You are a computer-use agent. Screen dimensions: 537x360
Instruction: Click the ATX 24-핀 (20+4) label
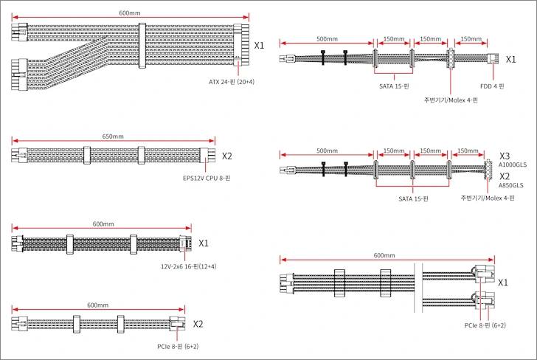232,82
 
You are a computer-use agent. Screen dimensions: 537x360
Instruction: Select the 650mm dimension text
113,136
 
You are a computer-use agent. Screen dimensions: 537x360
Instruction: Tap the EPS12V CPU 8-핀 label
207,178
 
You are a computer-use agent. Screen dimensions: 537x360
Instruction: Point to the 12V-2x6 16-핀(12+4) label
188,266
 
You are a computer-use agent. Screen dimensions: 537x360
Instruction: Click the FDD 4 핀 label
492,86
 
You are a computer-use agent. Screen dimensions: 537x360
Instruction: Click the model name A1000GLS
513,165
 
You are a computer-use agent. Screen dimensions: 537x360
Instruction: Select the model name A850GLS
510,185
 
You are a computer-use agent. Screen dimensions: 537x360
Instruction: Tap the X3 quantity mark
505,156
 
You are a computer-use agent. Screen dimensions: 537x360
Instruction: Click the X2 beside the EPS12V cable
227,156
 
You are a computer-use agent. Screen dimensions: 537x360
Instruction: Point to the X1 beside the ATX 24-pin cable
259,46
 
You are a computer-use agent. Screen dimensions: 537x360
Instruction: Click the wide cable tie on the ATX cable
142,46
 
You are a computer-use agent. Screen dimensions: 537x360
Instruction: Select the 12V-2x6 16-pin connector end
183,243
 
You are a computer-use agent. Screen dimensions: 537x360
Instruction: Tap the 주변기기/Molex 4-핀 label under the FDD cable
451,100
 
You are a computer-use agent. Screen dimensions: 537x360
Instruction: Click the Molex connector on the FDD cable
451,58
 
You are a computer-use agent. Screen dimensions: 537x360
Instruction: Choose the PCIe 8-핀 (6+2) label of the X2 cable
178,346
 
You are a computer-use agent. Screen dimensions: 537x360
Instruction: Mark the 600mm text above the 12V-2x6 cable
103,224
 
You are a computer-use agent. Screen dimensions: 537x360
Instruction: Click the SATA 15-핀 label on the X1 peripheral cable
394,86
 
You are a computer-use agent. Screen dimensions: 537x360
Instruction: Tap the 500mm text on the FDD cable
327,39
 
